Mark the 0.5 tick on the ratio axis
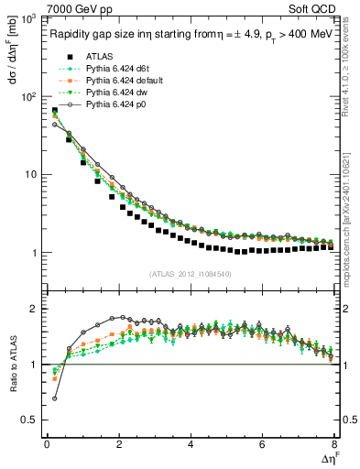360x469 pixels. [x=32, y=420]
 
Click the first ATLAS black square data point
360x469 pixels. [x=54, y=111]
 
